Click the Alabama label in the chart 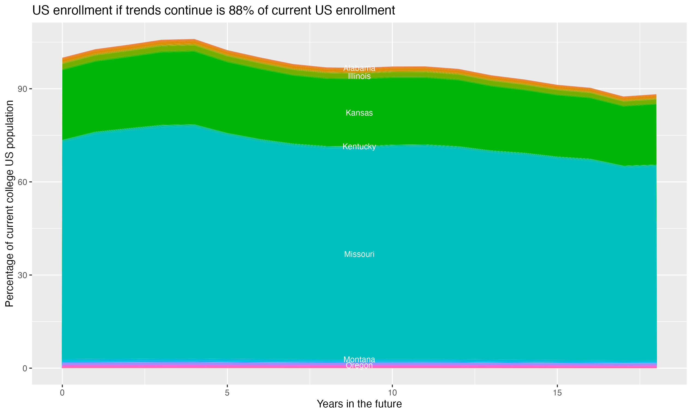(359, 68)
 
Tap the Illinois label (359, 76)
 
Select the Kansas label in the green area (359, 113)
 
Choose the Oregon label (359, 365)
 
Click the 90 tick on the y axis (22, 89)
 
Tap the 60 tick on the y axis (22, 182)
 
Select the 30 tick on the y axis (22, 275)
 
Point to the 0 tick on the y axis (25, 368)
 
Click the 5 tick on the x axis (227, 393)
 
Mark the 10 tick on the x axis (392, 393)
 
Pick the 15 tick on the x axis (557, 393)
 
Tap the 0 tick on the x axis (62, 393)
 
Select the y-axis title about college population (9, 204)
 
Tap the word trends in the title (142, 11)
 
